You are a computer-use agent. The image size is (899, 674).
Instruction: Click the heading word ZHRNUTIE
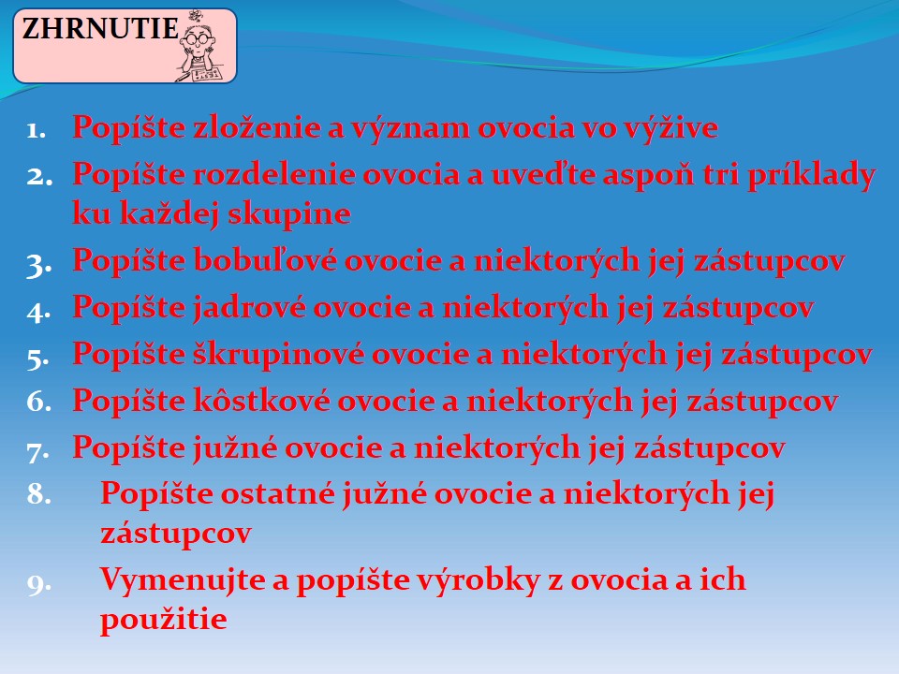(100, 29)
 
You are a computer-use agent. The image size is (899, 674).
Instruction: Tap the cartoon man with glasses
(199, 47)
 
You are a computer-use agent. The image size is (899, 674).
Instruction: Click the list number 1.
(37, 130)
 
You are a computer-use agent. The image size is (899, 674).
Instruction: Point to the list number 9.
(39, 583)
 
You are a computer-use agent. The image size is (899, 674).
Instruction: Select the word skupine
(289, 214)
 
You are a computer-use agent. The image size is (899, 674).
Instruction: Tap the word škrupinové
(279, 354)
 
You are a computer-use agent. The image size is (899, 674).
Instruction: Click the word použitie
(163, 619)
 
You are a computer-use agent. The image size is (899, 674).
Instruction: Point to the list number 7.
(37, 451)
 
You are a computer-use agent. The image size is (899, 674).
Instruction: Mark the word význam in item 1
(410, 126)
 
